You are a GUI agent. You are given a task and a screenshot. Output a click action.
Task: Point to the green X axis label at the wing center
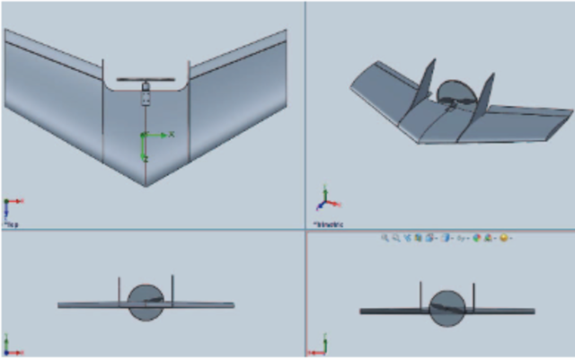[171, 135]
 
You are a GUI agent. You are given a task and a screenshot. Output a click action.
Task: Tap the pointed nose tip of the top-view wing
[146, 184]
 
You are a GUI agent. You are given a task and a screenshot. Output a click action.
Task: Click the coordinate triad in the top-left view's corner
[11, 207]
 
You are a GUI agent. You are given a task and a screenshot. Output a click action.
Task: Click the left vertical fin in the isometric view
[427, 83]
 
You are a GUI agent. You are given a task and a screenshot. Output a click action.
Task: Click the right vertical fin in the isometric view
[484, 97]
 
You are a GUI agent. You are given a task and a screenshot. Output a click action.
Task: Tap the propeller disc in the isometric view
[455, 93]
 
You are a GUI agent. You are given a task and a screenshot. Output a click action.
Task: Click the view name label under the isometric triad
[328, 224]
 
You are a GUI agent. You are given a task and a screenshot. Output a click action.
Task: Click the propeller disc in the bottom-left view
[146, 303]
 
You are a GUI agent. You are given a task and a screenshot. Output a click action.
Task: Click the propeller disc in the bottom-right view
[447, 308]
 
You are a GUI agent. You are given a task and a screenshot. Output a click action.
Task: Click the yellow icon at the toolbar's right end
[505, 238]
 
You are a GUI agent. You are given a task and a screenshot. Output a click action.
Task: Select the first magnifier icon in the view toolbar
[385, 238]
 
